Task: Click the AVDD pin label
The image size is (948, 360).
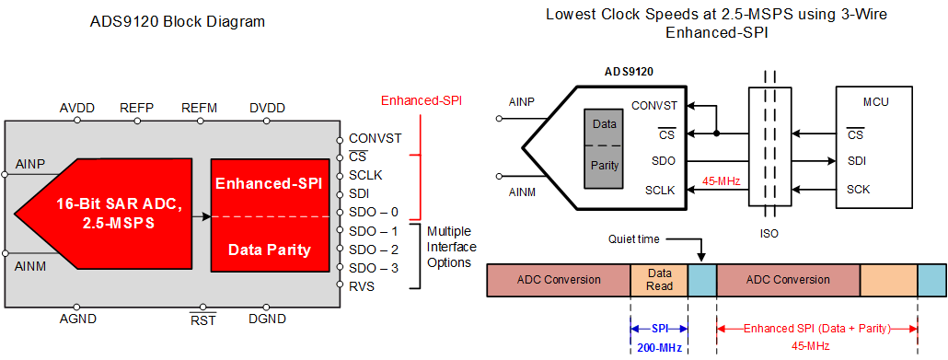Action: point(78,108)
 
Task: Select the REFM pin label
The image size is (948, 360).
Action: point(200,108)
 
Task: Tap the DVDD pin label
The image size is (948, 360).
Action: point(267,108)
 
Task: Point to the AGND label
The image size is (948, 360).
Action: point(78,319)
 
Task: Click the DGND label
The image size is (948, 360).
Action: point(267,319)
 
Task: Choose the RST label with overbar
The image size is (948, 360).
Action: point(202,319)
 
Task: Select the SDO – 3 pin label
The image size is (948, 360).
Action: point(373,268)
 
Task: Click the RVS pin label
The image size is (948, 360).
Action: point(362,286)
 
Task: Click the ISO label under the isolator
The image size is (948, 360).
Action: point(769,233)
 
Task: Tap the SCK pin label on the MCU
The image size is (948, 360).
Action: point(859,190)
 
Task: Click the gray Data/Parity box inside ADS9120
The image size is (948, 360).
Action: point(604,145)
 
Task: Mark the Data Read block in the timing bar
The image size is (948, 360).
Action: point(659,280)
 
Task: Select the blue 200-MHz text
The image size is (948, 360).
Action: point(658,346)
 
